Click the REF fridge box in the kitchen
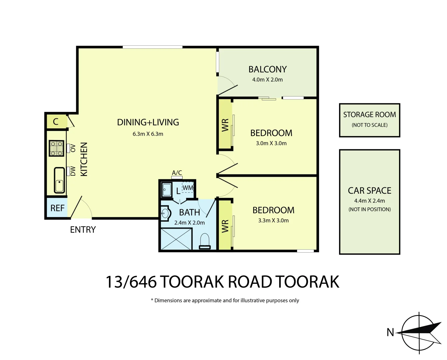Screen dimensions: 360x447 click(57, 208)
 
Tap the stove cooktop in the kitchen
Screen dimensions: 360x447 click(56, 148)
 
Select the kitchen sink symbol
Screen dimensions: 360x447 click(59, 180)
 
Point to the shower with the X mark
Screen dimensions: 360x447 click(176, 239)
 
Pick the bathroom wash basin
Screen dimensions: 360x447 click(165, 213)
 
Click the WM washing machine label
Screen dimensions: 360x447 click(188, 188)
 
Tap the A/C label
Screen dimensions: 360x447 click(177, 173)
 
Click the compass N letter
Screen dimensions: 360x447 click(390, 332)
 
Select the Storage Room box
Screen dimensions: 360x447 click(369, 120)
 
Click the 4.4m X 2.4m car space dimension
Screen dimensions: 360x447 click(369, 201)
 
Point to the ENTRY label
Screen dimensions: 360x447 click(83, 230)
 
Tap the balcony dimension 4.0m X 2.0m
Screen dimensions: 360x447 click(267, 80)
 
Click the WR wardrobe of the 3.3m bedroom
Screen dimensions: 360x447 click(225, 226)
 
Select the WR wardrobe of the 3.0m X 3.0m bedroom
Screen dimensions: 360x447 click(225, 125)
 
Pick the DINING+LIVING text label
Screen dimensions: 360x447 click(148, 122)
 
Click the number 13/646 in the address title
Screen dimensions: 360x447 click(131, 282)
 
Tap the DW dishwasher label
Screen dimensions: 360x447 click(73, 171)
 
